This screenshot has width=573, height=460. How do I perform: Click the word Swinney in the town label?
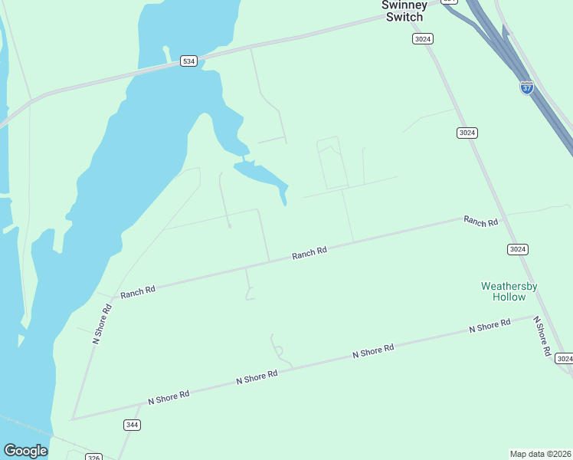(404, 5)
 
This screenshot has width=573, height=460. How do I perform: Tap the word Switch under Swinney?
(404, 17)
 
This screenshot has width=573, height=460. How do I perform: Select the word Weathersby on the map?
(509, 286)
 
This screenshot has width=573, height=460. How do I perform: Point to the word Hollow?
(509, 297)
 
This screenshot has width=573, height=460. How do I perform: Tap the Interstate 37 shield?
(526, 87)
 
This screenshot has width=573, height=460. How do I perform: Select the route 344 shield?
(132, 424)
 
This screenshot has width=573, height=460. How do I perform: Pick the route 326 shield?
(93, 457)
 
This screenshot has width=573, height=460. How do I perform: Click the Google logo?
(26, 451)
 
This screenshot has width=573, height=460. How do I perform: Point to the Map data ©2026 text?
(540, 453)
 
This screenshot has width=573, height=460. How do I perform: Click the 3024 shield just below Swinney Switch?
(422, 38)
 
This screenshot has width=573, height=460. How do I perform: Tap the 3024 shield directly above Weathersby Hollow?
(518, 249)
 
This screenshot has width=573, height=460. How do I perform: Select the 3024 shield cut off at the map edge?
(564, 359)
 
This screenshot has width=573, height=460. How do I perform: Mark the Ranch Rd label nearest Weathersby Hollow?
(481, 221)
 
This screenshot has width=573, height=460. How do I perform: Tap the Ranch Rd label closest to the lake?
(138, 291)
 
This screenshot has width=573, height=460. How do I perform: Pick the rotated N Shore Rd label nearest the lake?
(103, 323)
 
